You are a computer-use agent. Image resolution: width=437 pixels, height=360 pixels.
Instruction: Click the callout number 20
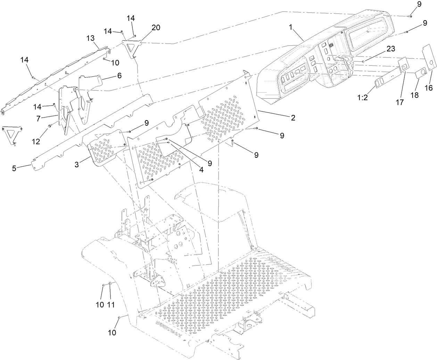pyautogui.click(x=156, y=28)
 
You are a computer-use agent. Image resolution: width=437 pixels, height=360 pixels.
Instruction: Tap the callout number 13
pyautogui.click(x=91, y=38)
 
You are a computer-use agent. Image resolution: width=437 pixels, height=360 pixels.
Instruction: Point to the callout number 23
pyautogui.click(x=390, y=49)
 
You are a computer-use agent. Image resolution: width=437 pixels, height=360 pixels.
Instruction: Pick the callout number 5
pyautogui.click(x=14, y=168)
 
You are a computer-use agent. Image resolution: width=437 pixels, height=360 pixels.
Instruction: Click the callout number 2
pyautogui.click(x=293, y=118)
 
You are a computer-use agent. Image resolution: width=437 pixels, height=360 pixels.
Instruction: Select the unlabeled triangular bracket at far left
pyautogui.click(x=11, y=135)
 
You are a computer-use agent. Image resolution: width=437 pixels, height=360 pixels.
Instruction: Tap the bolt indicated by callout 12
pyautogui.click(x=50, y=126)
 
